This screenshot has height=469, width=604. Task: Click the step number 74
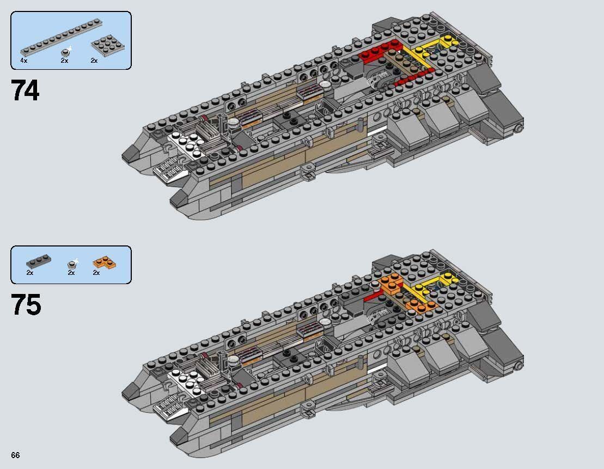(25, 90)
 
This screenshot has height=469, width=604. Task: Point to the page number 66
(15, 455)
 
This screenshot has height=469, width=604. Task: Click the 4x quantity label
(23, 61)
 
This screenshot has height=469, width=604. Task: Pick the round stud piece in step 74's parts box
(66, 52)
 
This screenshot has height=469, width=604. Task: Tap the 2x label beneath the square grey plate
(94, 61)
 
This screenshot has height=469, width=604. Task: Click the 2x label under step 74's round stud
(64, 61)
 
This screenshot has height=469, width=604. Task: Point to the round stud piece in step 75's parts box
(71, 264)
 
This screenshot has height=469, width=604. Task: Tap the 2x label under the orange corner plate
(96, 273)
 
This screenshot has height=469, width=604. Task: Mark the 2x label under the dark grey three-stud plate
(29, 273)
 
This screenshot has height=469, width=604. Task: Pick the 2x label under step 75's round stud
(71, 273)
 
